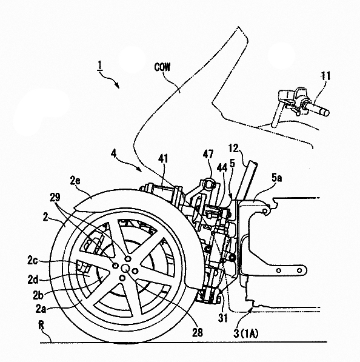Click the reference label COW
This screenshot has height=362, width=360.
(x=162, y=67)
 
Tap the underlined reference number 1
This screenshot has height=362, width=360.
(x=99, y=65)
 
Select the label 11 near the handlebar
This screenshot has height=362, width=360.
(x=325, y=76)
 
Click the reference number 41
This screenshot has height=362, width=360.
(x=163, y=159)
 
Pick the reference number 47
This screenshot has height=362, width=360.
(x=208, y=154)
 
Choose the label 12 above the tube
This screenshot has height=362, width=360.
(x=233, y=149)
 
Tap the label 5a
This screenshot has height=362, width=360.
(x=276, y=178)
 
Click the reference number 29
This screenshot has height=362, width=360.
(x=55, y=197)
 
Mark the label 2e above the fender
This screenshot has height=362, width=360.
(x=75, y=181)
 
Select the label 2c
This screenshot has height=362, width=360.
(x=33, y=260)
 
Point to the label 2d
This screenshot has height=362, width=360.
(x=33, y=280)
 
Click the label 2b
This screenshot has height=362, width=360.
(x=38, y=295)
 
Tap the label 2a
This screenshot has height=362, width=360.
(x=41, y=309)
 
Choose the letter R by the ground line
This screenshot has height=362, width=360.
(x=41, y=326)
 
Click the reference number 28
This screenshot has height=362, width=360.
(x=198, y=332)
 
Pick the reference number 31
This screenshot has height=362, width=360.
(x=223, y=318)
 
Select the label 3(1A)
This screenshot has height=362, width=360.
(x=246, y=334)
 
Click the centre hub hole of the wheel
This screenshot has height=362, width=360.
(x=125, y=268)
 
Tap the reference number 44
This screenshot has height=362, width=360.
(x=222, y=168)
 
